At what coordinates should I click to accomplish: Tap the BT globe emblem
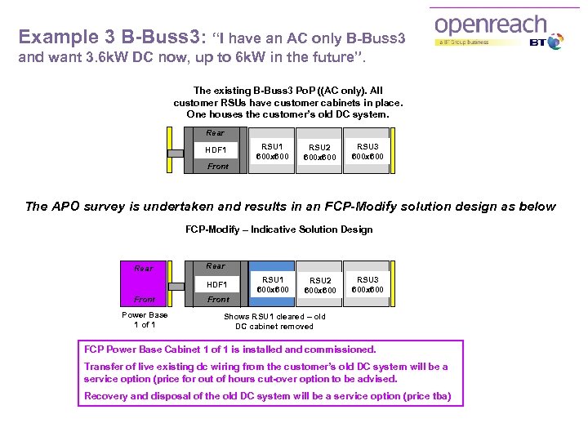[555, 42]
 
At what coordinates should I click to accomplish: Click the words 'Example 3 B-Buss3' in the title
[111, 38]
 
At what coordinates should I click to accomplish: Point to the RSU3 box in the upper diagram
[367, 150]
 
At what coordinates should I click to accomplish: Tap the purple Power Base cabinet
[145, 283]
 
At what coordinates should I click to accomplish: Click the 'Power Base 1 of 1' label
[145, 319]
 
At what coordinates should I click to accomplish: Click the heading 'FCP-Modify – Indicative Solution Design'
[278, 229]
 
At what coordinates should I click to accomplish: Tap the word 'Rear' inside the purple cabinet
[144, 268]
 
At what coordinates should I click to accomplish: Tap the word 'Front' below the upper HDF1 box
[218, 166]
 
